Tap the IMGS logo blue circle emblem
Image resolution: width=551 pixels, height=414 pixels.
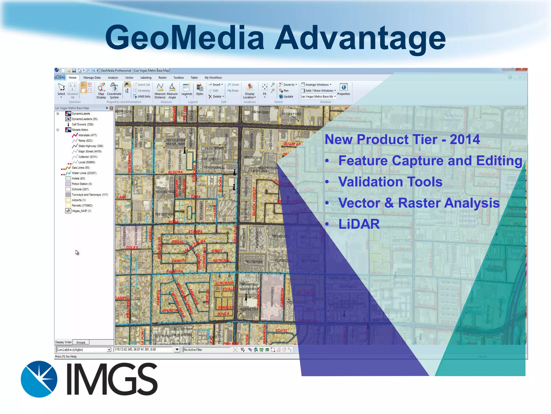(39, 379)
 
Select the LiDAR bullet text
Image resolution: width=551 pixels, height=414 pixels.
(359, 224)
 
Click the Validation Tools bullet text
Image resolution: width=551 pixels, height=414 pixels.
(390, 182)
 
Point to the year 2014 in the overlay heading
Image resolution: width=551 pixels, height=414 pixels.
(465, 139)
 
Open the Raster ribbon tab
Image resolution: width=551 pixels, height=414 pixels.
(162, 78)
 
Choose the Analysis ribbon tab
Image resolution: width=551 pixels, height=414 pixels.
(113, 78)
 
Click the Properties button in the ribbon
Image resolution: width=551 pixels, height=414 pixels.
(344, 89)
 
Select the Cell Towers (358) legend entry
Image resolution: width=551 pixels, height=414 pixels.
(82, 125)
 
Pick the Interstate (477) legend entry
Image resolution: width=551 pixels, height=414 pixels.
(87, 135)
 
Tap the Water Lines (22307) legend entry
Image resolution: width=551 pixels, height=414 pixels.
(84, 173)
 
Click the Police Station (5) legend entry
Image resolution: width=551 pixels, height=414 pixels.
(82, 184)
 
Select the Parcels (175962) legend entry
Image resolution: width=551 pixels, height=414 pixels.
(82, 205)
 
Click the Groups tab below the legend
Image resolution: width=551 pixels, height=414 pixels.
(81, 342)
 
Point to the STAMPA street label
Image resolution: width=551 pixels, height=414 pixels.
(195, 232)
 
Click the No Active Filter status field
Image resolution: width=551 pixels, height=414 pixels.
(193, 350)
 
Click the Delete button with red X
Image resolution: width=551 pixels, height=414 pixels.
(216, 96)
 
